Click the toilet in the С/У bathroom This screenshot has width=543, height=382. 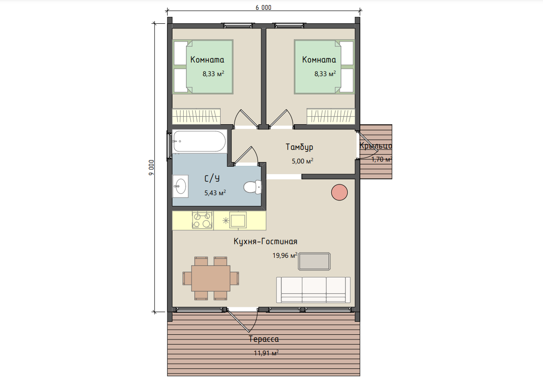252,187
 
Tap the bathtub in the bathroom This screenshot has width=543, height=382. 199,141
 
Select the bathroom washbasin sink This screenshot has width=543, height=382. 180,186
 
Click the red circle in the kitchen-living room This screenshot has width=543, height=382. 339,192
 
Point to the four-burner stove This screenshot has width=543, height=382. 203,220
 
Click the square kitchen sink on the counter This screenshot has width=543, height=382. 238,220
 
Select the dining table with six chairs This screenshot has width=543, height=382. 211,278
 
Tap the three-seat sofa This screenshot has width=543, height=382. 314,290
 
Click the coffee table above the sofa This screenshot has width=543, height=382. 314,261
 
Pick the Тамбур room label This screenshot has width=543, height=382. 300,147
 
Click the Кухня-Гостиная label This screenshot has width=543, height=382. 265,241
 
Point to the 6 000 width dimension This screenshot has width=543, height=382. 264,7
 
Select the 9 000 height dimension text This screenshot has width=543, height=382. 151,168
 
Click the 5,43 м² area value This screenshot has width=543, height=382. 215,193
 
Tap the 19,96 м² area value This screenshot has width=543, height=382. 285,255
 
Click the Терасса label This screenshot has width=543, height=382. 264,339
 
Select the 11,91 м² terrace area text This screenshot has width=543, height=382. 266,353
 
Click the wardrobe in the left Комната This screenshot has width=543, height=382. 196,116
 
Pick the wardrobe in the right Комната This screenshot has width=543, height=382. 331,116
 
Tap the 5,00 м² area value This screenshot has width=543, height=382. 303,161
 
